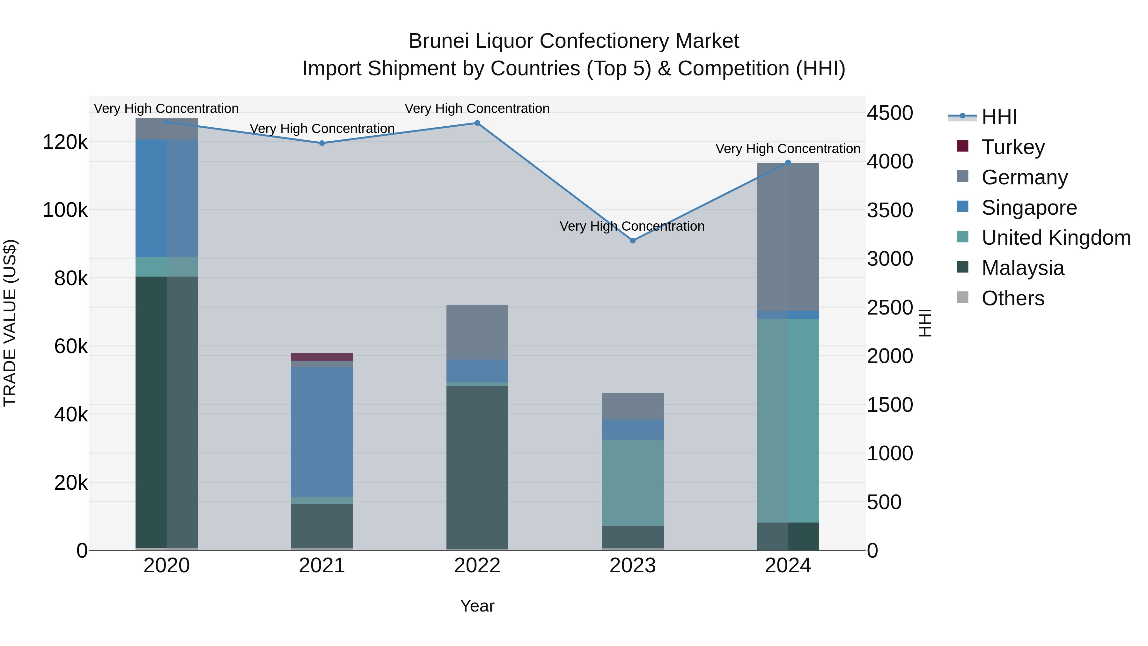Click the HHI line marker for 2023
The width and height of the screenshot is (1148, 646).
tap(632, 241)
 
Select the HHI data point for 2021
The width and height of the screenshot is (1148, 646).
tap(322, 143)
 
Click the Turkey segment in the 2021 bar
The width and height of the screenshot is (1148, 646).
tap(322, 357)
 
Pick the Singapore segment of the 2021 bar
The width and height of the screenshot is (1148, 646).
tap(322, 432)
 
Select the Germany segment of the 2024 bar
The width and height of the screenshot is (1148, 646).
tap(788, 237)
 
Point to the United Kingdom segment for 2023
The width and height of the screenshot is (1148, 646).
tap(632, 482)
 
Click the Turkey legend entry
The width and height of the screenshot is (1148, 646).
tap(1012, 147)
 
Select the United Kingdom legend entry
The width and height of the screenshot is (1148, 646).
tap(1055, 238)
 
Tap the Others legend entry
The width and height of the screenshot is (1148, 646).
tap(1012, 298)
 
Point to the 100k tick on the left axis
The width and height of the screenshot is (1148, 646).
tap(65, 210)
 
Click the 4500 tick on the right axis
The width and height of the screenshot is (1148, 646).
tap(889, 113)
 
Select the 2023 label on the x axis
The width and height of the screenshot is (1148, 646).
tap(632, 566)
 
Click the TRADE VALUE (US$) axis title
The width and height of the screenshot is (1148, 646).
tap(10, 323)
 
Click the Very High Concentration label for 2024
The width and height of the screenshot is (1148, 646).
tap(787, 149)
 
